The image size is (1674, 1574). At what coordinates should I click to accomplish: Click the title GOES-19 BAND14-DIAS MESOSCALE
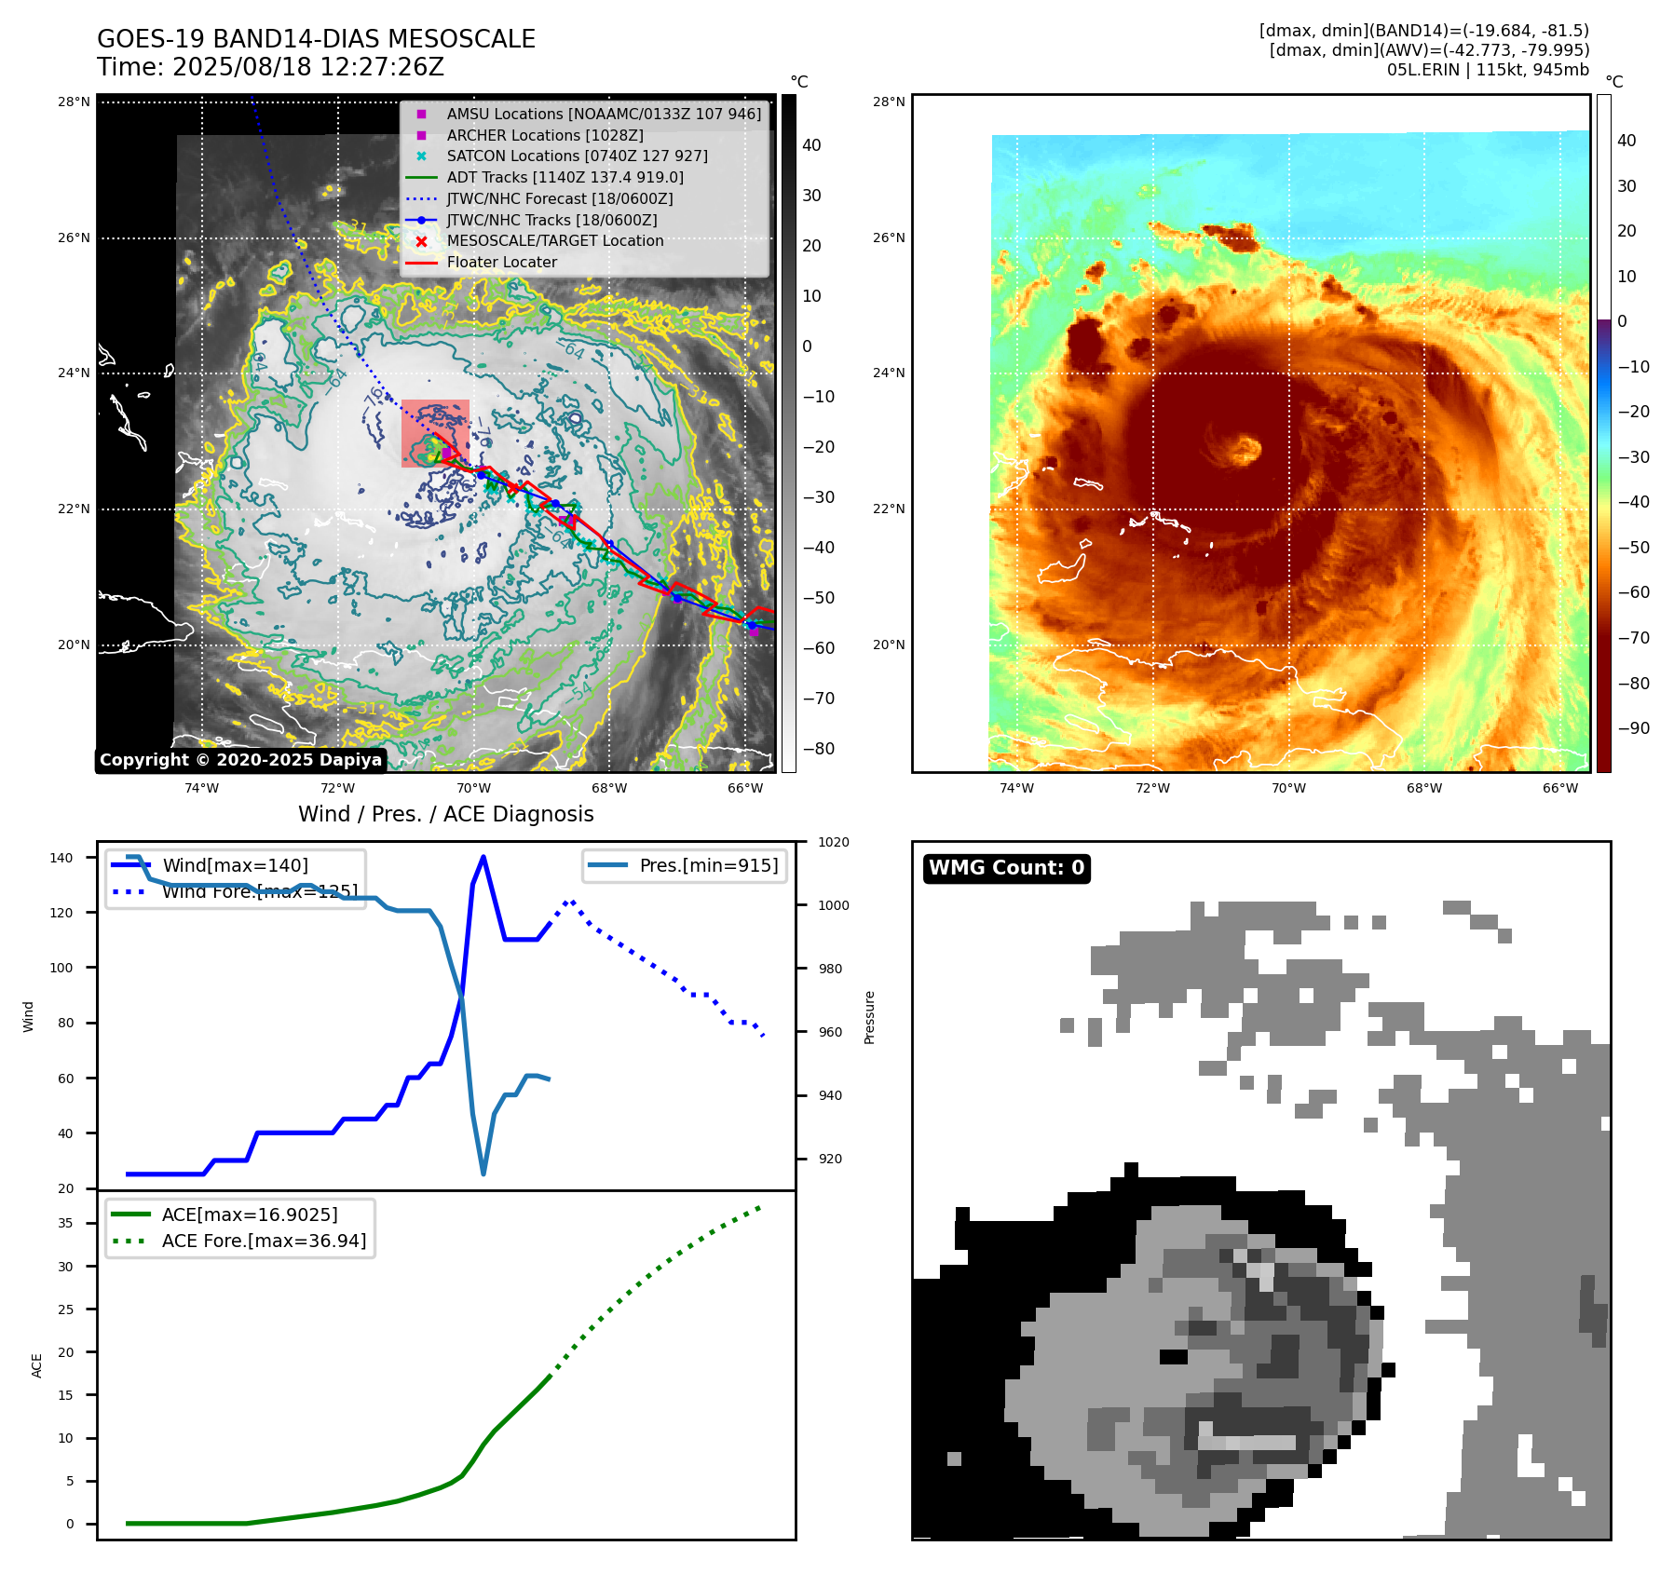pyautogui.click(x=316, y=39)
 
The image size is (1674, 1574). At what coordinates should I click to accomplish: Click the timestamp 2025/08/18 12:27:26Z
pyautogui.click(x=307, y=68)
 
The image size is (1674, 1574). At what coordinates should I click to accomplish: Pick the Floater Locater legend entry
pyautogui.click(x=501, y=263)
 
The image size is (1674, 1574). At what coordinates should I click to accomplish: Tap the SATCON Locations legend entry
pyautogui.click(x=577, y=156)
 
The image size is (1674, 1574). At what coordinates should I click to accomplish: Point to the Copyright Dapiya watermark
pyautogui.click(x=240, y=760)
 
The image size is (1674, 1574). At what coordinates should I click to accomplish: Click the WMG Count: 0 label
pyautogui.click(x=1006, y=868)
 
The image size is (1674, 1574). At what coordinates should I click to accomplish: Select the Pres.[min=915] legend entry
pyautogui.click(x=708, y=865)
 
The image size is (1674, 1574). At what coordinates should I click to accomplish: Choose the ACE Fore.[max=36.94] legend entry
pyautogui.click(x=264, y=1241)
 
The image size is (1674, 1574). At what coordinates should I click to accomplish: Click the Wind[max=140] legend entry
pyautogui.click(x=235, y=865)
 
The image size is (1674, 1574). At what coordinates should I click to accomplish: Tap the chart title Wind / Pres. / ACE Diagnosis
pyautogui.click(x=445, y=814)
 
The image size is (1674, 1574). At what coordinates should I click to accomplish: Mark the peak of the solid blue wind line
pyautogui.click(x=483, y=857)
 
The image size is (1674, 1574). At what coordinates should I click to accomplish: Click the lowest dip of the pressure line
pyautogui.click(x=483, y=1174)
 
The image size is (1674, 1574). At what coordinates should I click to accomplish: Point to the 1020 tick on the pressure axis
pyautogui.click(x=833, y=843)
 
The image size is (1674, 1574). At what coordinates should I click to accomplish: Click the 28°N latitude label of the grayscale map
pyautogui.click(x=74, y=102)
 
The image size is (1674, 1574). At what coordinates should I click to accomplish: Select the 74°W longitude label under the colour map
pyautogui.click(x=1016, y=788)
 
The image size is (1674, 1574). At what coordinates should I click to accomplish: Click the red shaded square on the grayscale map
pyautogui.click(x=435, y=433)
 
